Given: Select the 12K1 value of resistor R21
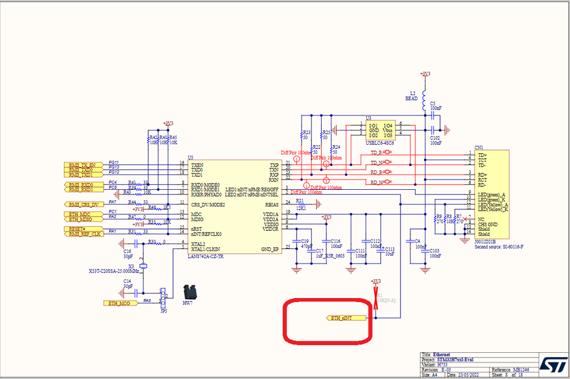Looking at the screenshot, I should click(301, 208).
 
